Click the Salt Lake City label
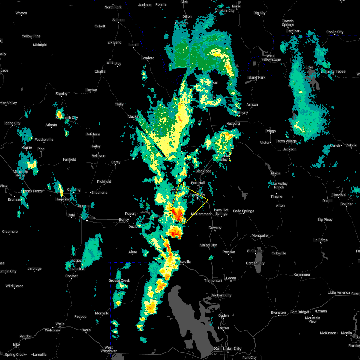(x=227, y=349)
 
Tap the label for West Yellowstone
(x=271, y=58)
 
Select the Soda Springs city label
(x=243, y=211)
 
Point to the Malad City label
(x=208, y=245)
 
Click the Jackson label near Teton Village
(x=289, y=149)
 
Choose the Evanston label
(x=278, y=313)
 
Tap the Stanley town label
(x=62, y=94)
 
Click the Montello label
(x=102, y=313)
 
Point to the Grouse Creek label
(x=119, y=280)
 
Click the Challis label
(x=100, y=71)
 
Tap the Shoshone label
(x=99, y=193)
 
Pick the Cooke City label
(x=335, y=32)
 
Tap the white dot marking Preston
(x=229, y=248)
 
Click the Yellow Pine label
(x=31, y=36)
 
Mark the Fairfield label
(x=70, y=159)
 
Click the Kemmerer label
(x=302, y=274)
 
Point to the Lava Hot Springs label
(x=221, y=212)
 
